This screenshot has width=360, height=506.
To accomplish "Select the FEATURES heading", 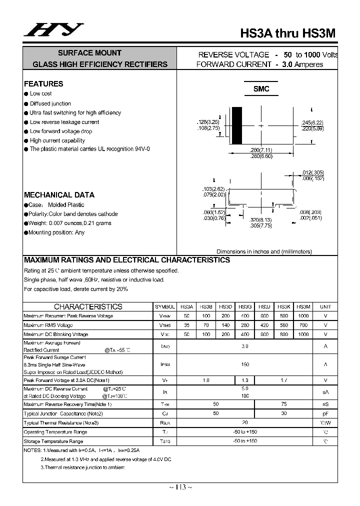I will pos(43,84).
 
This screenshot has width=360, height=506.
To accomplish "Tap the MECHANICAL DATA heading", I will pos(59,195).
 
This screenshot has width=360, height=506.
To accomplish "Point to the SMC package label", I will pos(261,89).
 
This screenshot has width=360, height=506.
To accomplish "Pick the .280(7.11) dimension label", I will pos(260,150).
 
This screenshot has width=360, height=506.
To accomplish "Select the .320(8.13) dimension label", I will pos(260,220).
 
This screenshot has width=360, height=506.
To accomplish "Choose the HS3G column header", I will pos(245,306).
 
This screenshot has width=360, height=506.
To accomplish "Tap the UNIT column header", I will pos(325,306).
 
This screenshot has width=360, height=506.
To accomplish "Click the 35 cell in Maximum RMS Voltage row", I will pos(186,325).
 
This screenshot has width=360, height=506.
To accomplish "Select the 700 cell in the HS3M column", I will pos(303,325).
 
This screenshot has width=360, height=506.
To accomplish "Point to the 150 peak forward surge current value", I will pos(245,364).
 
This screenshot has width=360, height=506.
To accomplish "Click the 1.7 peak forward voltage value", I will pos(283,380).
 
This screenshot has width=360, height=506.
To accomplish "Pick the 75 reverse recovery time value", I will pos(283,404).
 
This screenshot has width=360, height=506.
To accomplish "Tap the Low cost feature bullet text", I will pos(40,93).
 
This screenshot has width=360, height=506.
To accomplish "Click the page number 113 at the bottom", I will pos(180,487).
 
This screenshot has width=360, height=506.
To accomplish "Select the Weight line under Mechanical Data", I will pos(69,223).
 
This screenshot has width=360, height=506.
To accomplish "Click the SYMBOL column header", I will pos(165,306).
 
